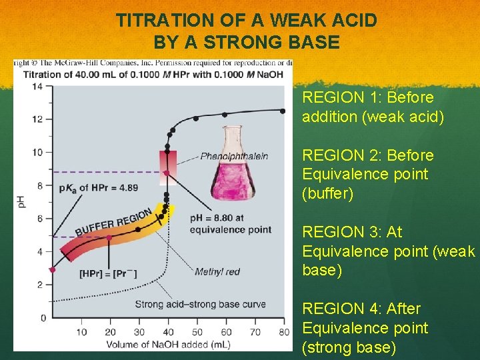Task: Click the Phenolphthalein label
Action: point(234,156)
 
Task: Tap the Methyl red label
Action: point(217,271)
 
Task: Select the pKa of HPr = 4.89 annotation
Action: point(99,187)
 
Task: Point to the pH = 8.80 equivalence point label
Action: point(230,223)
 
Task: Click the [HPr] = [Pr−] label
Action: point(109,273)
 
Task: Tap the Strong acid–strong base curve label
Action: point(200,304)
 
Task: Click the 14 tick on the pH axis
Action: point(37,86)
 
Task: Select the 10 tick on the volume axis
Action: point(81,332)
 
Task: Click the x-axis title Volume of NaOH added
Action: point(167,344)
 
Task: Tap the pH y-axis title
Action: point(21,201)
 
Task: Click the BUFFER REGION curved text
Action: point(114,222)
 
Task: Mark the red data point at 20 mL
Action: point(109,237)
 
